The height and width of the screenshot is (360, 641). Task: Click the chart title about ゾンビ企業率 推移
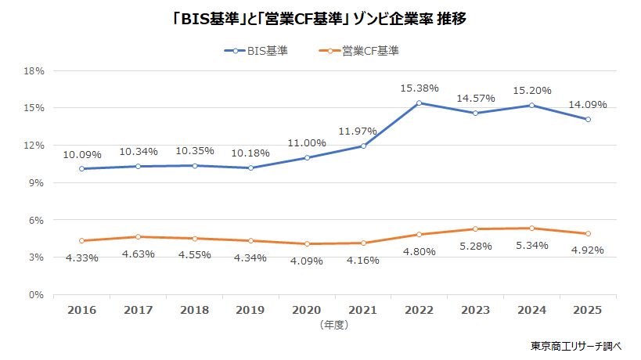click(x=319, y=18)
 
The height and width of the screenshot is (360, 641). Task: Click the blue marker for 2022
click(x=419, y=103)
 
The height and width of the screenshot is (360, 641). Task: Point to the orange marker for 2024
click(x=531, y=229)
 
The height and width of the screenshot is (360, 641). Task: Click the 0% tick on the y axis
click(x=38, y=295)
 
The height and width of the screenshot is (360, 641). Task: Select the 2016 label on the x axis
click(x=82, y=310)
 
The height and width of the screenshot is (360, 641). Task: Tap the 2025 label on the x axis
click(x=587, y=310)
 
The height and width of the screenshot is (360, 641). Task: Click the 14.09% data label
click(x=587, y=104)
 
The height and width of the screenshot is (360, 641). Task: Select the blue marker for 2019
click(x=250, y=167)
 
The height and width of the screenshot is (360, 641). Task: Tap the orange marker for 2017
click(x=139, y=237)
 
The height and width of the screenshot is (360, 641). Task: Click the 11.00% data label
click(x=307, y=142)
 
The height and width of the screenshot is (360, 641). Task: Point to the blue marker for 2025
click(x=587, y=120)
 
